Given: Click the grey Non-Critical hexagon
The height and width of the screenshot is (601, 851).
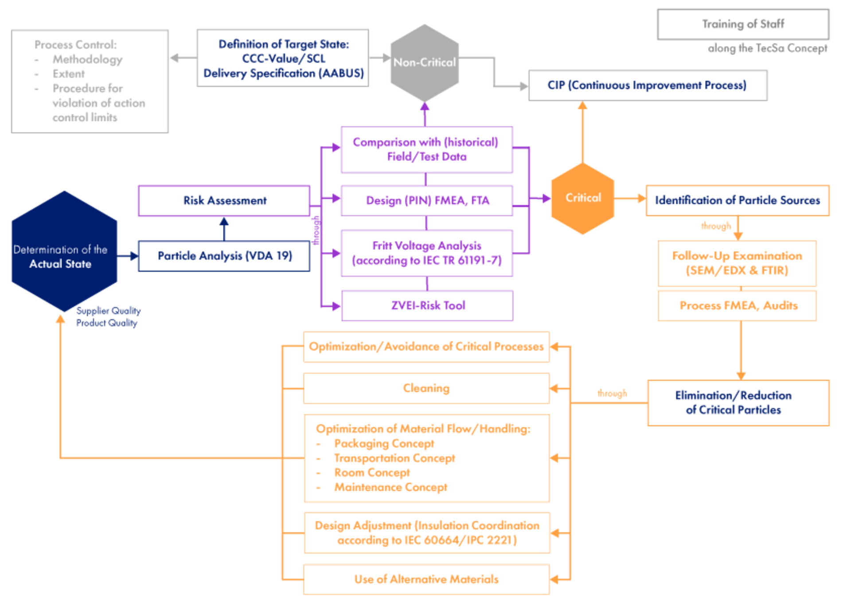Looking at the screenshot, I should (424, 62).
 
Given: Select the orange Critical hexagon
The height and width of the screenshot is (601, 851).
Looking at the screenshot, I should (582, 198).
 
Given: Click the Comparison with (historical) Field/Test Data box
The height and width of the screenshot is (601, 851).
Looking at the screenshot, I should (426, 149).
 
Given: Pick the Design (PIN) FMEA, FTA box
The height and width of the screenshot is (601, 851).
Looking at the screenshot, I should (427, 201).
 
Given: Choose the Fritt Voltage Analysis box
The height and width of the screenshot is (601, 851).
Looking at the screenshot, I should (427, 253).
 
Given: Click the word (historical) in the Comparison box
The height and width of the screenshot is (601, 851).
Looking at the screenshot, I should (471, 142).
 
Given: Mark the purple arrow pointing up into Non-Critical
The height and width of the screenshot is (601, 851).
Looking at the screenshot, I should (425, 109).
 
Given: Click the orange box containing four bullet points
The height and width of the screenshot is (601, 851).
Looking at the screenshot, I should (426, 458).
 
